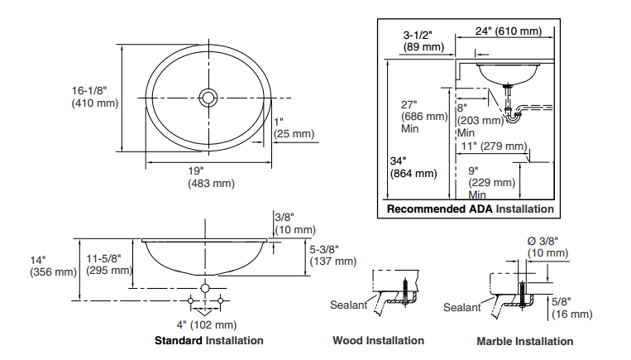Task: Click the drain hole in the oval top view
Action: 208,98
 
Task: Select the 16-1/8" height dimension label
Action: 94,96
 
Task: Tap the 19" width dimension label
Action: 211,177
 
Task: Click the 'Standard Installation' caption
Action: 209,340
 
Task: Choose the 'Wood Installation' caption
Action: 378,340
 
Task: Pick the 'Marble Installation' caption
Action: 524,341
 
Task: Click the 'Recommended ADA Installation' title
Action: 470,209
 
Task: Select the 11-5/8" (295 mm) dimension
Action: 109,264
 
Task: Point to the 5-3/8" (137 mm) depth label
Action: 332,255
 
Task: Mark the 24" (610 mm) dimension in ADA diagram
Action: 508,31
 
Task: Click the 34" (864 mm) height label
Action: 412,167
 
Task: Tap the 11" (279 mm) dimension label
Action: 493,146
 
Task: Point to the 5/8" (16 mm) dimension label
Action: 571,308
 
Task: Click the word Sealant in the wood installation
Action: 348,305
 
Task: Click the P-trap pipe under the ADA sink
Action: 514,115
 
